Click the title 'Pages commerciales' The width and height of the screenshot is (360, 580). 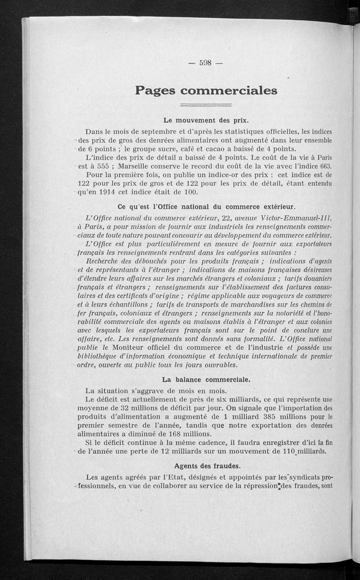point(206,90)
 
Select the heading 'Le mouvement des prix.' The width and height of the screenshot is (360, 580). point(206,120)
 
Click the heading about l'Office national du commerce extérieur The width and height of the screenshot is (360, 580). point(206,207)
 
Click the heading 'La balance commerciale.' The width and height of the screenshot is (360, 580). point(206,379)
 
